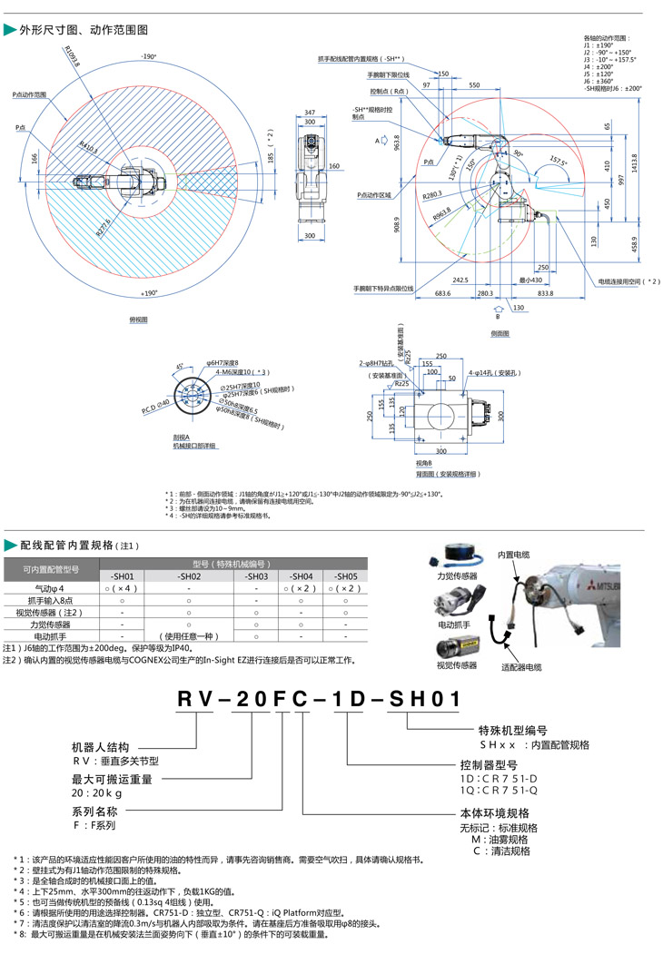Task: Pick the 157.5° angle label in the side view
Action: [559, 163]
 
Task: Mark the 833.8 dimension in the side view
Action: [545, 294]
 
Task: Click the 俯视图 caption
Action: [138, 320]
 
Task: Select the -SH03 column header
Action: [256, 576]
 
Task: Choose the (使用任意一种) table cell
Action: [188, 635]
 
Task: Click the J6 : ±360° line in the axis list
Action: [600, 82]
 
